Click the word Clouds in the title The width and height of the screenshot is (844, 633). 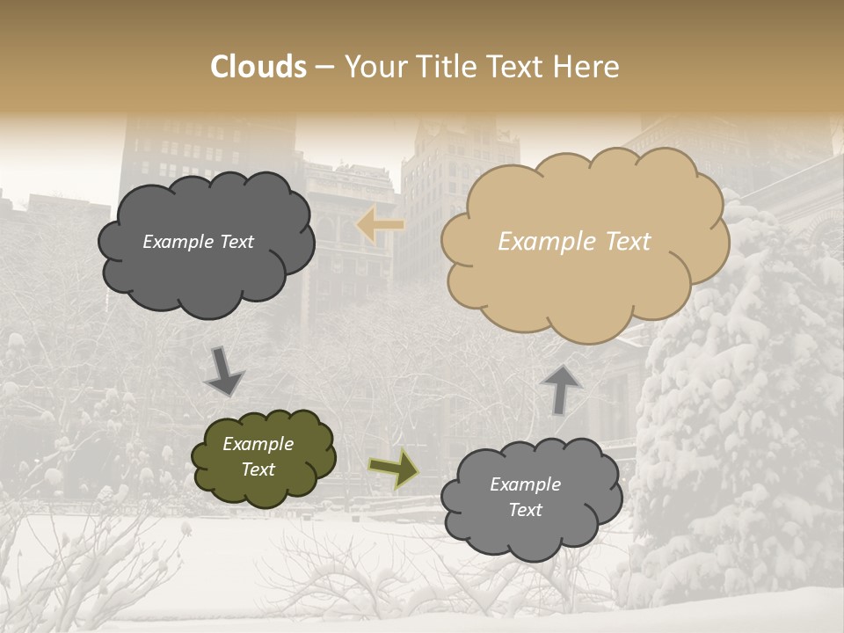tap(258, 67)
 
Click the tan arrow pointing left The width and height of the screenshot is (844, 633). tap(380, 226)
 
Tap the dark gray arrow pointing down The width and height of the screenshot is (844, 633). tap(224, 371)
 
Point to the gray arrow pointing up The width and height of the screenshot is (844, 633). tap(561, 388)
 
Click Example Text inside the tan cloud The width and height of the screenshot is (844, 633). tap(574, 242)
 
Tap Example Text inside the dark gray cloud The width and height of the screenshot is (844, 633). tap(198, 242)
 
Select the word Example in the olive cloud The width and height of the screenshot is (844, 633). tap(258, 444)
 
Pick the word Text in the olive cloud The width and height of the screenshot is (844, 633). tap(258, 469)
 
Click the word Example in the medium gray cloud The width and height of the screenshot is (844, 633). tap(525, 484)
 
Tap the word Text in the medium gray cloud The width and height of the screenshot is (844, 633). tap(525, 510)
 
